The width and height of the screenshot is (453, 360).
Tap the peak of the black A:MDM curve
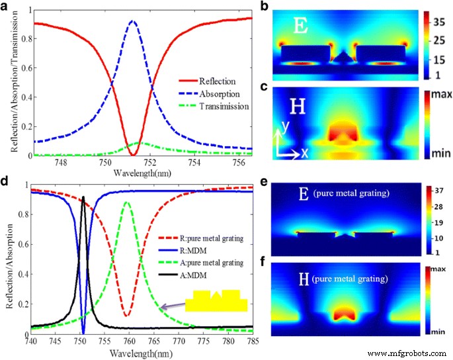83,197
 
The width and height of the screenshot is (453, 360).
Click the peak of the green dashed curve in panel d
128,202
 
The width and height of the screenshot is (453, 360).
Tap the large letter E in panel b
300,26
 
